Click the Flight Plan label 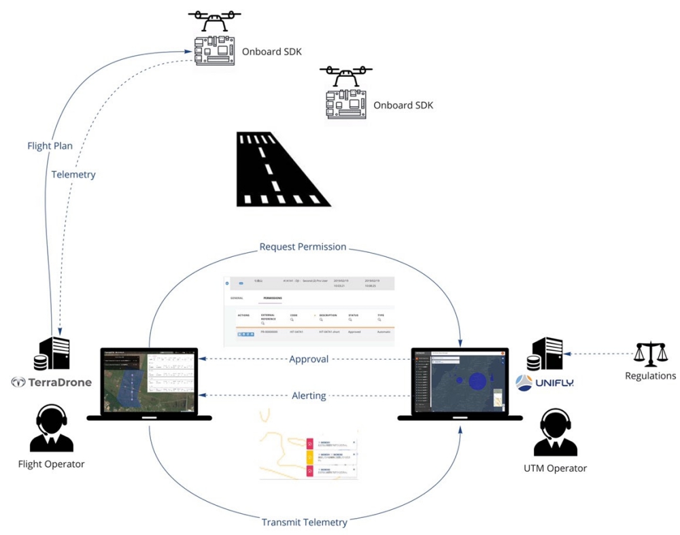coord(50,145)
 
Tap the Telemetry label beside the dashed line coord(73,175)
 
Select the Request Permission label coord(303,247)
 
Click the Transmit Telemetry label coord(305,522)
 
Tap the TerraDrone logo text coord(52,382)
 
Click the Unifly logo coord(544,382)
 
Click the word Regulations coord(651,376)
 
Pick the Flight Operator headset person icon coord(52,429)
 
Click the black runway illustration coord(279,170)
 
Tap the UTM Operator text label coord(555,468)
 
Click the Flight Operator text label coord(52,464)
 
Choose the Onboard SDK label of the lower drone coord(404,105)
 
